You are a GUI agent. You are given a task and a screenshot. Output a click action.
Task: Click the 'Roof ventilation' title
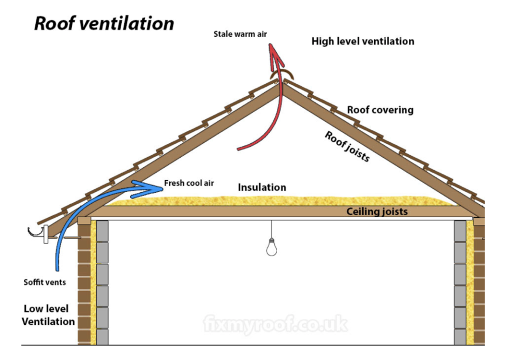point(104,24)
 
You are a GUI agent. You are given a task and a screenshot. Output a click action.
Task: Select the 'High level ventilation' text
point(363,41)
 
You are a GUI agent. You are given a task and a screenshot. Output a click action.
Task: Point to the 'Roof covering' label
point(380,110)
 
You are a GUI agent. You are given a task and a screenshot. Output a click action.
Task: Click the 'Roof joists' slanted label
point(347,146)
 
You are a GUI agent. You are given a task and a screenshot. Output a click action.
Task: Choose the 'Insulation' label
point(262,187)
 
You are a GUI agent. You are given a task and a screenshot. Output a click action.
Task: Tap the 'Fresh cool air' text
point(189,183)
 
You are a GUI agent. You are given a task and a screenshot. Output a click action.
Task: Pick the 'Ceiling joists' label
point(377,211)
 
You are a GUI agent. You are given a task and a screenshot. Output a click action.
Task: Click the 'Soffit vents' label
point(45,282)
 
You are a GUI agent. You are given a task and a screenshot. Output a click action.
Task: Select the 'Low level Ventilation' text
point(49,315)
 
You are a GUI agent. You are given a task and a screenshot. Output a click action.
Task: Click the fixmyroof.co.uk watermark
point(275,325)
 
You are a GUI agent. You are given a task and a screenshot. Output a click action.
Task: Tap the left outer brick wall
point(84,290)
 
